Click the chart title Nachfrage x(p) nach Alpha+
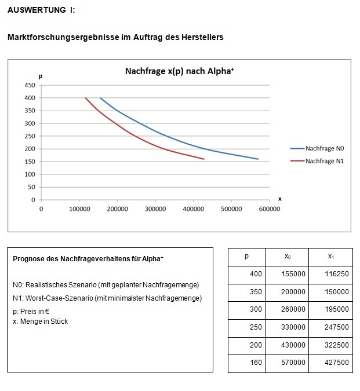[179, 71]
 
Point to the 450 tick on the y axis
[29, 85]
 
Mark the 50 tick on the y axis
[31, 187]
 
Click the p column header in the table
[246, 256]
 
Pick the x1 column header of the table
[330, 256]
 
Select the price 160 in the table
[256, 363]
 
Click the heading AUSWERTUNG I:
[41, 10]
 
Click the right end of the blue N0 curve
[258, 159]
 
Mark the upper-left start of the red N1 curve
[86, 98]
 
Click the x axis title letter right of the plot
[280, 199]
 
